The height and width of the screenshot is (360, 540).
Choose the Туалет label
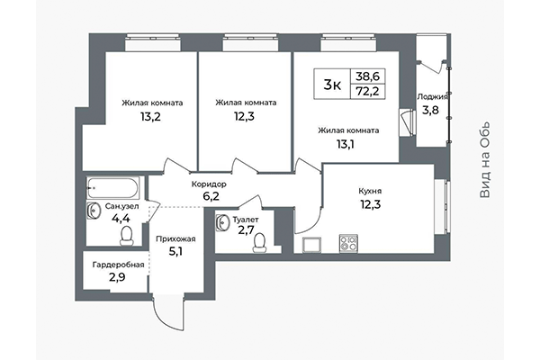[245, 220]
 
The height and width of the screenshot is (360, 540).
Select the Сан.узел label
[123, 206]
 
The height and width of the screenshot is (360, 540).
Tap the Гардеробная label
[115, 265]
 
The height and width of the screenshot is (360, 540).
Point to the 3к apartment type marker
[331, 85]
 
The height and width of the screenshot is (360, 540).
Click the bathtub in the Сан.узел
[113, 189]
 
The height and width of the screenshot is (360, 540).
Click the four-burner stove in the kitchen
[348, 242]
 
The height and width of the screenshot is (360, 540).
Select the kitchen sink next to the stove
[313, 243]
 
